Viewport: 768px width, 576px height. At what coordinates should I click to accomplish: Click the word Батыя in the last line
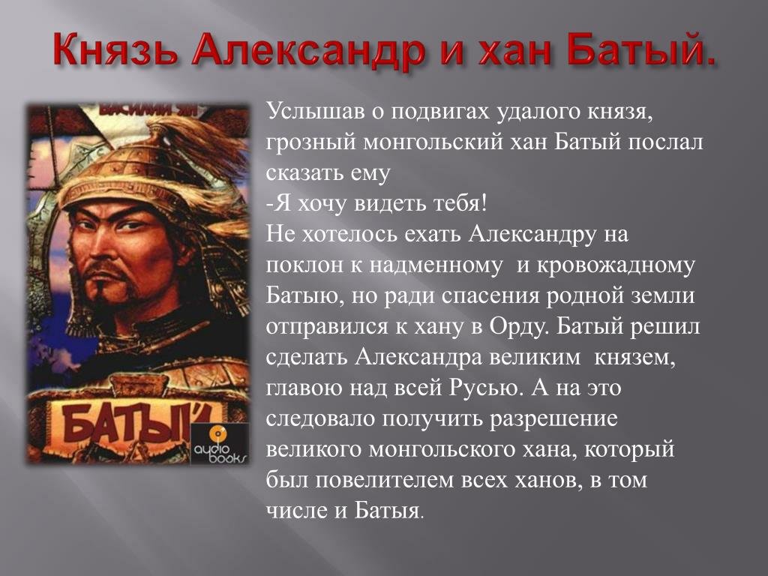[388, 510]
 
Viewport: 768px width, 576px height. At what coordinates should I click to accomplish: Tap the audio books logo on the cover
[219, 444]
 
